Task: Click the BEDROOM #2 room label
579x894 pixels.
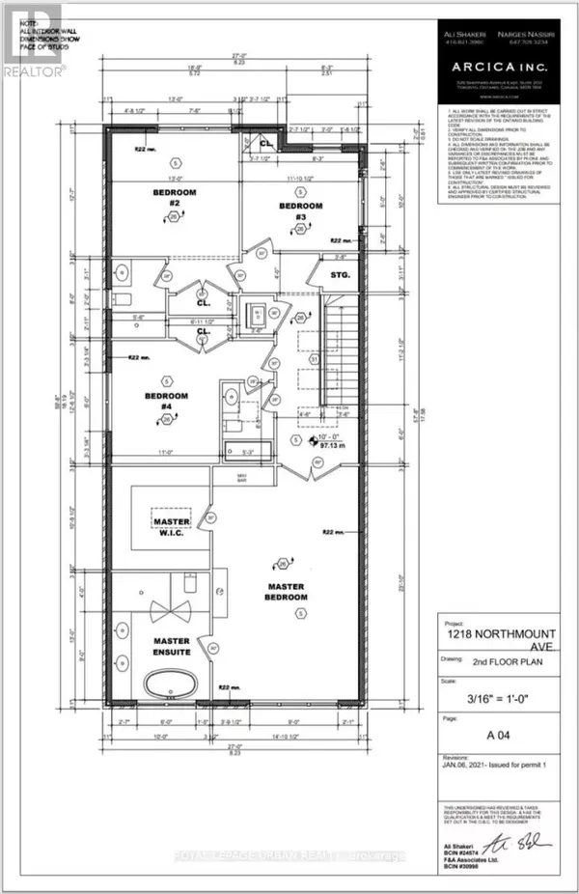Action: (x=174, y=198)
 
